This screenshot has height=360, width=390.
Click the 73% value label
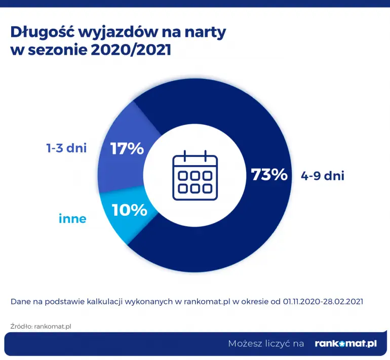pyautogui.click(x=269, y=175)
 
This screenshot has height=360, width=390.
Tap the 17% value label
pyautogui.click(x=127, y=149)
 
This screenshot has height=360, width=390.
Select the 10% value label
pyautogui.click(x=130, y=209)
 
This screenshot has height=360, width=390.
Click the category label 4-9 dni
pyautogui.click(x=323, y=176)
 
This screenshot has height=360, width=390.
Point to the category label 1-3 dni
pyautogui.click(x=66, y=148)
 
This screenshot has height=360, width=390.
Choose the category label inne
pyautogui.click(x=72, y=219)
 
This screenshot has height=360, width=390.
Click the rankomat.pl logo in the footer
pyautogui.click(x=345, y=343)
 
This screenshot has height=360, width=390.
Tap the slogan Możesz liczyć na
pyautogui.click(x=266, y=343)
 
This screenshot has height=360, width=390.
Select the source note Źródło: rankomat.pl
pyautogui.click(x=41, y=326)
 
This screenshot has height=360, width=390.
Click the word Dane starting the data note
pyautogui.click(x=20, y=301)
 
